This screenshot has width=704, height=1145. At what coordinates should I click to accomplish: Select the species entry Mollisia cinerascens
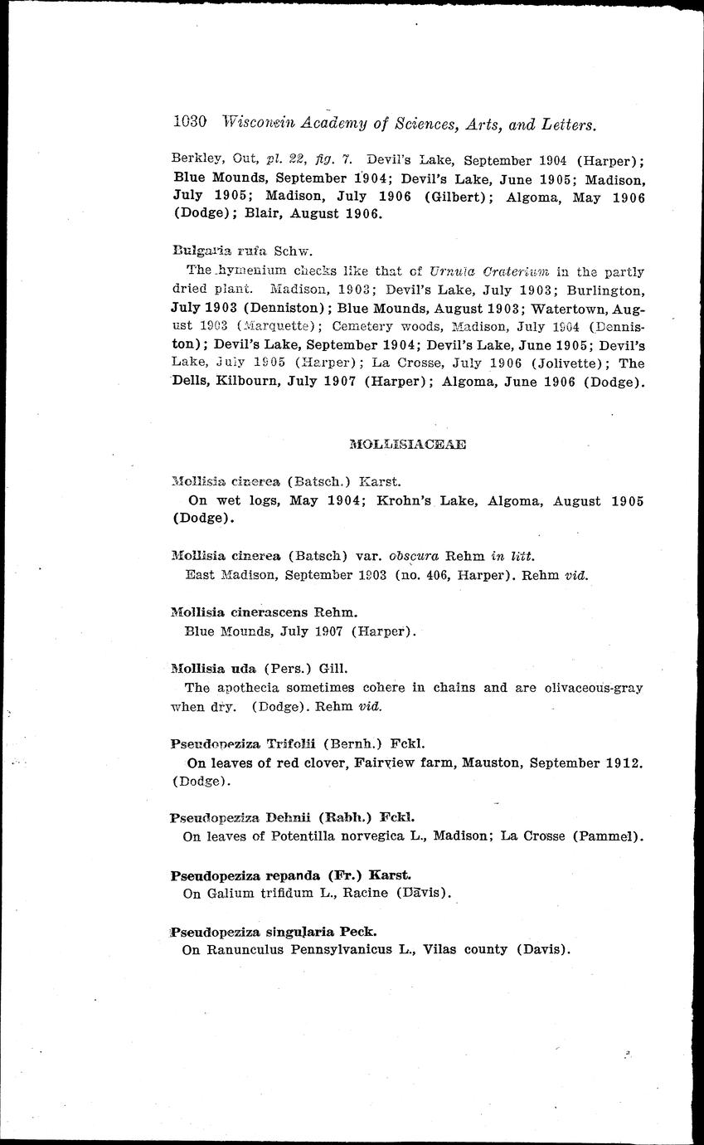coord(264,613)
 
